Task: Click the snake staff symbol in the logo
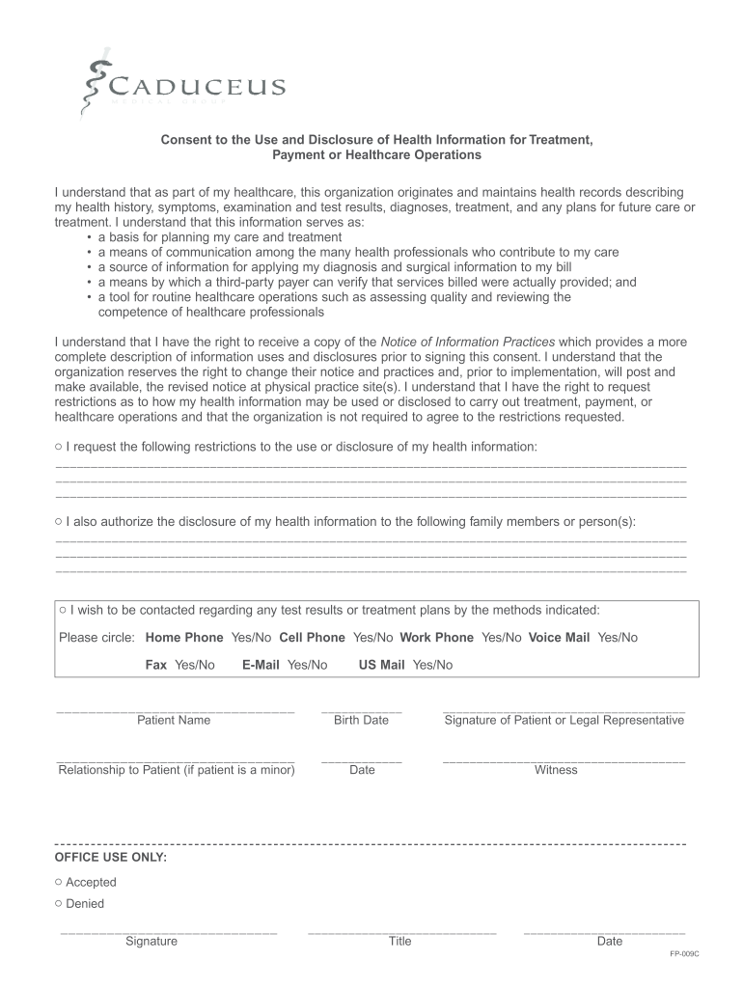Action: pyautogui.click(x=93, y=85)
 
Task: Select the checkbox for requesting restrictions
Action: pyautogui.click(x=59, y=447)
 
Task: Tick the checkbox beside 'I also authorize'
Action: pyautogui.click(x=59, y=521)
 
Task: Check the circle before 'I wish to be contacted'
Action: pyautogui.click(x=63, y=610)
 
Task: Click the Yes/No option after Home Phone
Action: pyautogui.click(x=251, y=638)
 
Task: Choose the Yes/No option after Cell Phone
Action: pyautogui.click(x=372, y=638)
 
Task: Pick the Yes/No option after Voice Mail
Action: pyautogui.click(x=618, y=638)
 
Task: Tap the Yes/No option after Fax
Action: pyautogui.click(x=195, y=665)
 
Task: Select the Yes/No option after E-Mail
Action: pyautogui.click(x=307, y=665)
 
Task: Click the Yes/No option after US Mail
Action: pyautogui.click(x=432, y=665)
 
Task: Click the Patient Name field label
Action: pyautogui.click(x=174, y=720)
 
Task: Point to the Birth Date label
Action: pyautogui.click(x=361, y=720)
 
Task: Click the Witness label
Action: pyautogui.click(x=556, y=770)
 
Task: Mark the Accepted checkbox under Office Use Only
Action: pyautogui.click(x=59, y=882)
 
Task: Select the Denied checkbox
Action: pyautogui.click(x=59, y=904)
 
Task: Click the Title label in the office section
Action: pyautogui.click(x=399, y=942)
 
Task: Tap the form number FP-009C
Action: pyautogui.click(x=684, y=953)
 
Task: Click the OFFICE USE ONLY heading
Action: pyautogui.click(x=111, y=857)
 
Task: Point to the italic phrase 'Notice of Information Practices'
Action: pyautogui.click(x=468, y=342)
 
